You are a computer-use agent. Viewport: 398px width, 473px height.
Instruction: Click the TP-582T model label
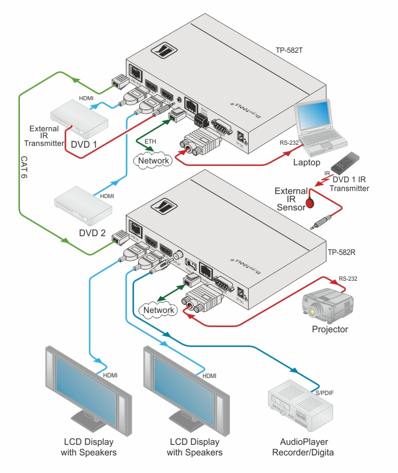[289, 51]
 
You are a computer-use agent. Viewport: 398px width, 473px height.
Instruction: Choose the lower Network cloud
[159, 309]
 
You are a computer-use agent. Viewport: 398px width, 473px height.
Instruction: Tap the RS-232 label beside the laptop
[289, 142]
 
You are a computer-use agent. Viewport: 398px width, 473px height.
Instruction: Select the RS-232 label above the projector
[348, 278]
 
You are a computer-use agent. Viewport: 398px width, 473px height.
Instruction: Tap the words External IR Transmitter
[44, 135]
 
